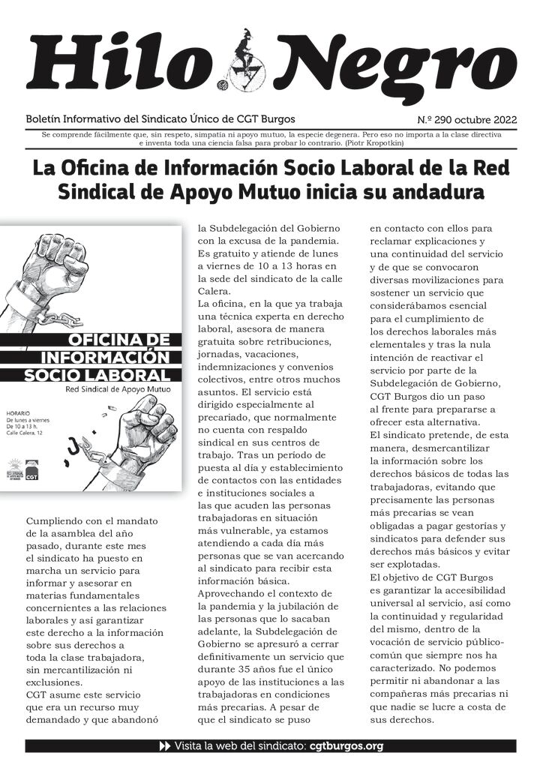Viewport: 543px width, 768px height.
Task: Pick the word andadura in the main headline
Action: point(436,193)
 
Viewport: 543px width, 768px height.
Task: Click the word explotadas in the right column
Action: point(407,563)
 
